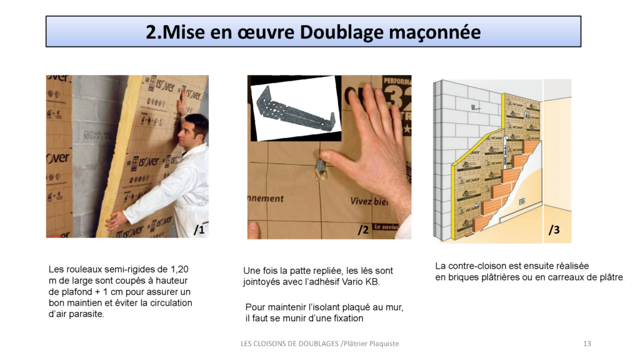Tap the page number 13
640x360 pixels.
coord(586,344)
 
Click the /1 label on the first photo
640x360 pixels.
coord(199,230)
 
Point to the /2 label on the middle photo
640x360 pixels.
coord(363,230)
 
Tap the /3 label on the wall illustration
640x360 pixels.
coord(554,230)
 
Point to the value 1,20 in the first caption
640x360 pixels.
coord(178,269)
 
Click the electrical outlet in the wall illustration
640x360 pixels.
coord(521,201)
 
